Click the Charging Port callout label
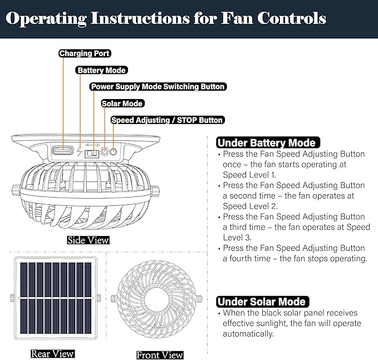(x=85, y=53)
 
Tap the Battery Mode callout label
(x=101, y=70)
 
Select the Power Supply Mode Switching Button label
(x=158, y=86)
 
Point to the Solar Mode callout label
(x=122, y=103)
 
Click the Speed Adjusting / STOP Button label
(x=168, y=120)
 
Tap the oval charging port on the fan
(x=62, y=151)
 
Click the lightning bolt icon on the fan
(x=79, y=151)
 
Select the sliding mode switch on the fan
(x=92, y=154)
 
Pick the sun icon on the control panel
(x=105, y=151)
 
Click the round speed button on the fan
(x=114, y=152)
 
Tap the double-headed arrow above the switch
(x=92, y=145)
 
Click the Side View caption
(x=88, y=240)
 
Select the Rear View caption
(x=52, y=354)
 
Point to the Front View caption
(x=160, y=355)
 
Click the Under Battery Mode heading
(x=268, y=142)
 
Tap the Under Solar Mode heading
(x=263, y=302)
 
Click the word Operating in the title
(x=46, y=18)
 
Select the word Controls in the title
(x=292, y=18)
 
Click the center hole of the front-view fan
(x=156, y=299)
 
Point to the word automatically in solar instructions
(x=248, y=334)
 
